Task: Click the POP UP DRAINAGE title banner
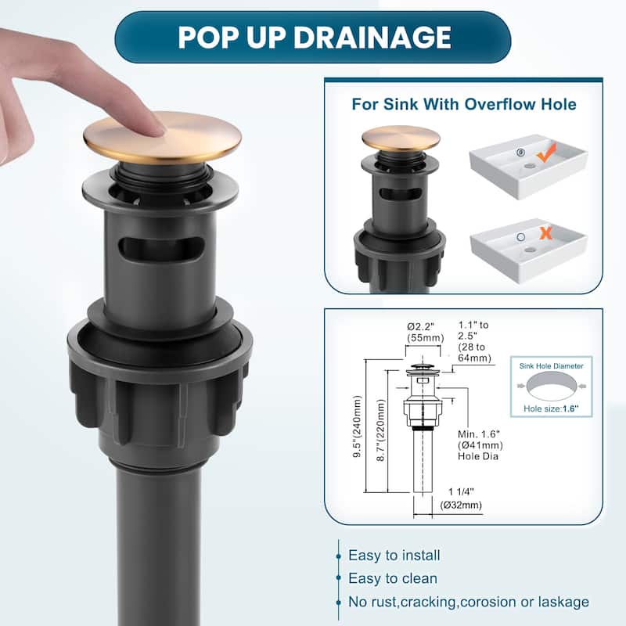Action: [x=312, y=37]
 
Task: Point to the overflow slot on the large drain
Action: [x=162, y=249]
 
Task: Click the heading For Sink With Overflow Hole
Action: [x=464, y=104]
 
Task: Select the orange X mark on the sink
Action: [x=545, y=233]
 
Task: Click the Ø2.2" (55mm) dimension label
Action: [x=425, y=332]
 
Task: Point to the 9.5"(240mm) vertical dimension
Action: [x=358, y=426]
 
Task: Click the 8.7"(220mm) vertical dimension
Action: [x=381, y=430]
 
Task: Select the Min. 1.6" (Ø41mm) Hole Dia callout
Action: [x=480, y=445]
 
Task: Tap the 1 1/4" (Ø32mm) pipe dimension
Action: [x=461, y=498]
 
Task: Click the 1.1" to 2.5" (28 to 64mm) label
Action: [x=475, y=341]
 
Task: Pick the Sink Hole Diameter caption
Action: [x=552, y=366]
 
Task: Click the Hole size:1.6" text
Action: [x=551, y=408]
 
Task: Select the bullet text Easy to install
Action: [x=394, y=556]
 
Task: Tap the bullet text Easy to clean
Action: [x=393, y=578]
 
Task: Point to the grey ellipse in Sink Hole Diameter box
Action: [x=552, y=386]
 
